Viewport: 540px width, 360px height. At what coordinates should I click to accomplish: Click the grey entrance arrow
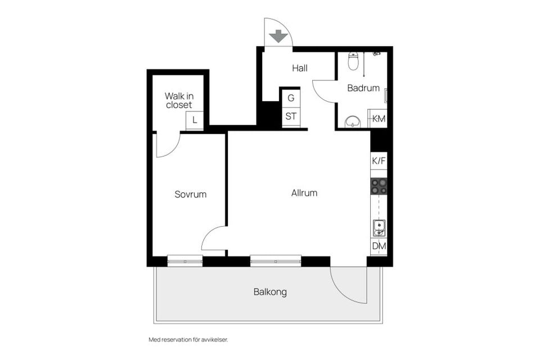[278, 36]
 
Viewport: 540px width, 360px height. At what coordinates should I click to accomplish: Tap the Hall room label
[300, 68]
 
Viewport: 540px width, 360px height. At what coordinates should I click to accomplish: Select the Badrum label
[363, 88]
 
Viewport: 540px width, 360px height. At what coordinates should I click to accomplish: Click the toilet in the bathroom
[353, 61]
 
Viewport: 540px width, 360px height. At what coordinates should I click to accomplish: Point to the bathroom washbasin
[353, 122]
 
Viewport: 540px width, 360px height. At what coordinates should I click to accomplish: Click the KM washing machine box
[378, 119]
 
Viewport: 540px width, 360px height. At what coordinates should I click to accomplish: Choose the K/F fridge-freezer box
[379, 160]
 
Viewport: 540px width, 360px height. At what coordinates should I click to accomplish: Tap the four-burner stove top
[379, 186]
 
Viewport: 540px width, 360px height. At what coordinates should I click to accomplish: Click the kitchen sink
[379, 228]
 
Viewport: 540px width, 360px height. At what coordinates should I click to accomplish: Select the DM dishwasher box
[379, 246]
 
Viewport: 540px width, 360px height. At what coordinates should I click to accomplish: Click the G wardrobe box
[291, 98]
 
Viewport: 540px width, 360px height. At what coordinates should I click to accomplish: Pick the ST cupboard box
[291, 117]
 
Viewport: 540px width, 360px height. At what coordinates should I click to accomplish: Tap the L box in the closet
[195, 120]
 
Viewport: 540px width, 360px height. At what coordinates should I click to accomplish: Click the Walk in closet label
[179, 100]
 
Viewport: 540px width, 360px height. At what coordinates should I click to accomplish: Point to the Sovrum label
[191, 194]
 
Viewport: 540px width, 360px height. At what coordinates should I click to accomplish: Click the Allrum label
[304, 193]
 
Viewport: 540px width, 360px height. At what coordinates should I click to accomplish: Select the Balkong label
[270, 292]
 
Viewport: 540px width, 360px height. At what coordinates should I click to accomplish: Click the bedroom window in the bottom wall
[185, 261]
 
